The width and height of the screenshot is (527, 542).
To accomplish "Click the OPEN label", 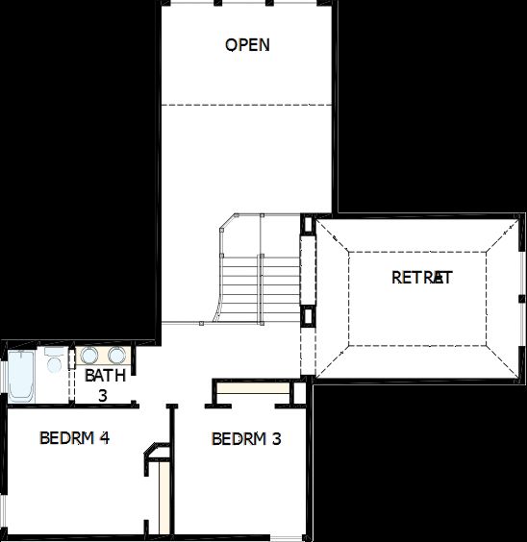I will (x=247, y=45).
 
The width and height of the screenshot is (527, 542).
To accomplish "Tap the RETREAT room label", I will (x=421, y=278).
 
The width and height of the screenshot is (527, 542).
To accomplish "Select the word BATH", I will (x=105, y=376).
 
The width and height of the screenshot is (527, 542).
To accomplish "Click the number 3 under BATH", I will (x=103, y=394).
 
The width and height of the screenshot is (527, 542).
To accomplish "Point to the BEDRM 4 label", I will (x=74, y=438).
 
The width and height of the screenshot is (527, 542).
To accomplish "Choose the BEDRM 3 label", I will (x=246, y=439).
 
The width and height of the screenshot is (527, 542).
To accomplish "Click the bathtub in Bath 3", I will (x=20, y=378).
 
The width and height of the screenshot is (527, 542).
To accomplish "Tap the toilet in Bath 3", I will (x=54, y=363).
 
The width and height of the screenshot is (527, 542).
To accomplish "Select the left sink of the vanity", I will (x=89, y=355).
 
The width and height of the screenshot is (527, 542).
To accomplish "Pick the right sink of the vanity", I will (x=116, y=355).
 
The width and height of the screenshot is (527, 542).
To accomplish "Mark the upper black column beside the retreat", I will (x=307, y=226).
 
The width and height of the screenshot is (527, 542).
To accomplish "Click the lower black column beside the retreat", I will (x=307, y=315).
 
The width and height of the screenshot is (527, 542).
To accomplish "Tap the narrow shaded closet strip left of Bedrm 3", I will (x=165, y=495).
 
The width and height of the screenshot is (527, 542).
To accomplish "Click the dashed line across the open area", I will (x=247, y=104).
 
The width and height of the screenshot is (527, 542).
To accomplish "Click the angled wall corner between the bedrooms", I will (x=151, y=452).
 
